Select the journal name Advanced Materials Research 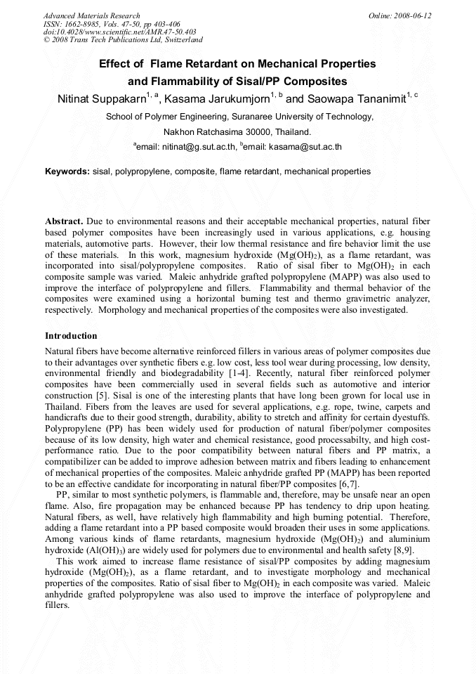tap(91, 15)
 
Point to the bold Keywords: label tap(67, 171)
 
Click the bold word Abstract tap(64, 221)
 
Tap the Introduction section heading tap(71, 336)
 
